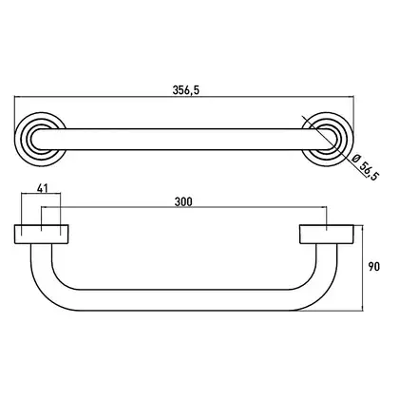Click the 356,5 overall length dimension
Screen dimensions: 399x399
pyautogui.click(x=186, y=90)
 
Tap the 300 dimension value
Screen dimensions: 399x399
pyautogui.click(x=183, y=201)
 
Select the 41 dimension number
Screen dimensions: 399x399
pyautogui.click(x=42, y=188)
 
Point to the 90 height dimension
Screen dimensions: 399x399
pyautogui.click(x=373, y=267)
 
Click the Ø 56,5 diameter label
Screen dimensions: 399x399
pyautogui.click(x=365, y=167)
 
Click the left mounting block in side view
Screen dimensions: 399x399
pyautogui.click(x=42, y=235)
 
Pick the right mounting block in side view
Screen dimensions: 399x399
pyautogui.click(x=327, y=235)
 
